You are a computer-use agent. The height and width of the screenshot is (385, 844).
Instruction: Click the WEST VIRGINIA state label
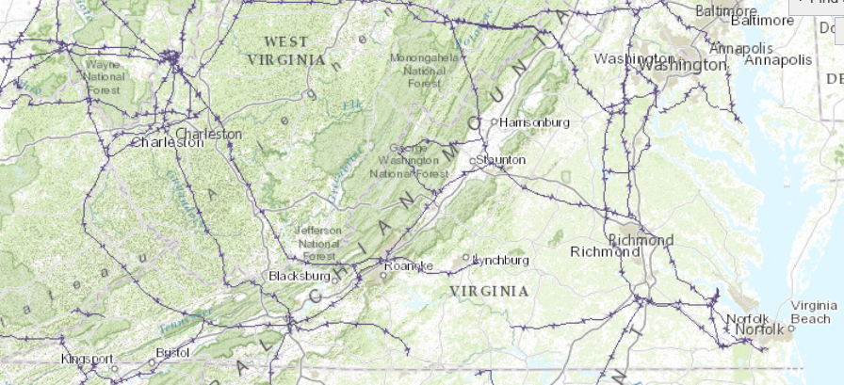[285, 50]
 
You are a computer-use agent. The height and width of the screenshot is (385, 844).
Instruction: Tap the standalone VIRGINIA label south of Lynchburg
[489, 291]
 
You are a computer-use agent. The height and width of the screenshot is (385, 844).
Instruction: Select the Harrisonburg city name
[535, 122]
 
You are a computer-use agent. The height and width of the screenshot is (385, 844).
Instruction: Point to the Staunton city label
[500, 160]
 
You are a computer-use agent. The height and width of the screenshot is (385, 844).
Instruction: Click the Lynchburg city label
[500, 260]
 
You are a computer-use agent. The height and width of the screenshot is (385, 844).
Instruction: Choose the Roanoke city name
[412, 265]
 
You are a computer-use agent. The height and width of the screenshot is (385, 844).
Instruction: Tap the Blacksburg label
[299, 276]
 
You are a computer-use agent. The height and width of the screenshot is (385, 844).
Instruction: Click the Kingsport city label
[87, 359]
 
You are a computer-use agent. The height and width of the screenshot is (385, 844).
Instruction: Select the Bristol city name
[172, 352]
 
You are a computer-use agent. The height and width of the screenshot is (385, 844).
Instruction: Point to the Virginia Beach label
[814, 312]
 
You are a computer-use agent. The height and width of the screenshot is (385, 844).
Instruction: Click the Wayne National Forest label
[103, 77]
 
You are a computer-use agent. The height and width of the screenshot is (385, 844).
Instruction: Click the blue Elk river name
[351, 104]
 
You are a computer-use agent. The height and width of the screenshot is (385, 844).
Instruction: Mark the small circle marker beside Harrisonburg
[494, 121]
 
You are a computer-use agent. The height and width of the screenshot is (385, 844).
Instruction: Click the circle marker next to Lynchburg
[464, 257]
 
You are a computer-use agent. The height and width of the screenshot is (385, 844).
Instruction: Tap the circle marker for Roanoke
[383, 275]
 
